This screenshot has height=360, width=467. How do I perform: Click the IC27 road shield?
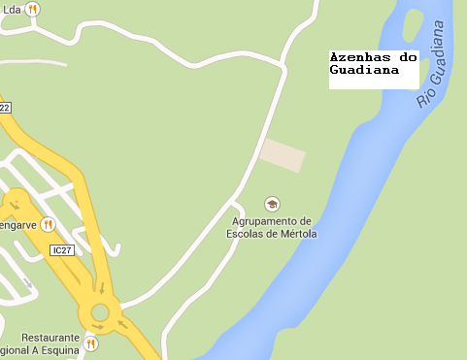(62, 250)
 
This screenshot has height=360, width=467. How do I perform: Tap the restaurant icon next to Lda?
(33, 9)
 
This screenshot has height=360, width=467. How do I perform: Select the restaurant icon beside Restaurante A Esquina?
(90, 344)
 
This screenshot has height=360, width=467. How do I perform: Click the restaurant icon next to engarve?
(49, 225)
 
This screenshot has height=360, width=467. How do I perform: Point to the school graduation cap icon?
(272, 204)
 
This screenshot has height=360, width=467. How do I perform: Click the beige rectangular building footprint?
(283, 154)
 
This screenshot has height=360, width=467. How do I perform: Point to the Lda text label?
(13, 9)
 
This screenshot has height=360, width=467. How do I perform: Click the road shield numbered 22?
(4, 107)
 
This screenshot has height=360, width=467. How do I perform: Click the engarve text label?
(18, 225)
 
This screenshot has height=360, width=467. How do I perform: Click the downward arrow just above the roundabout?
(101, 288)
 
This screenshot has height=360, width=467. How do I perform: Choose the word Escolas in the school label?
(246, 234)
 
